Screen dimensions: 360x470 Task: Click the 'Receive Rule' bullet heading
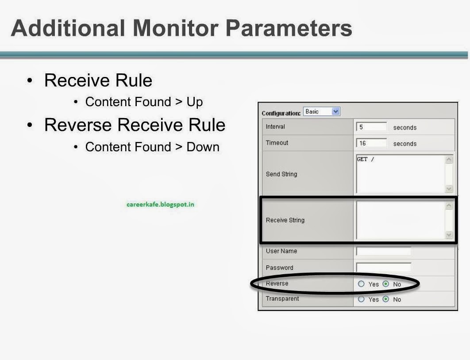point(98,80)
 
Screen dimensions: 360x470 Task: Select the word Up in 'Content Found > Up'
point(194,102)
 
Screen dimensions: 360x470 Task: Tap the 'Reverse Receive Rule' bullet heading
point(135,125)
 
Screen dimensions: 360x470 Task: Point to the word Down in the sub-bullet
point(203,147)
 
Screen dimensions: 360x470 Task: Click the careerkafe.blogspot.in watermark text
point(160,204)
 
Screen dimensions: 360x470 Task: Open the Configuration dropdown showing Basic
point(322,112)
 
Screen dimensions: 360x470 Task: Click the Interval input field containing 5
point(371,127)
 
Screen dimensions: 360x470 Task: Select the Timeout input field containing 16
point(371,143)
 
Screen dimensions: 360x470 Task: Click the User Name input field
point(383,251)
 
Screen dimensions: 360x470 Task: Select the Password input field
point(383,268)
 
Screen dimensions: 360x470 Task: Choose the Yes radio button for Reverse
point(361,284)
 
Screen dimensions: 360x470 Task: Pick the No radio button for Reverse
point(385,284)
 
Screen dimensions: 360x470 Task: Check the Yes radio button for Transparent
point(361,299)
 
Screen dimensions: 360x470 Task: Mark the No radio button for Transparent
point(385,299)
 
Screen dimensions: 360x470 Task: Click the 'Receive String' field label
point(285,220)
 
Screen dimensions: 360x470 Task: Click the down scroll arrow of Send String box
point(449,189)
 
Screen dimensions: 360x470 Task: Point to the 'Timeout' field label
point(277,143)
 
